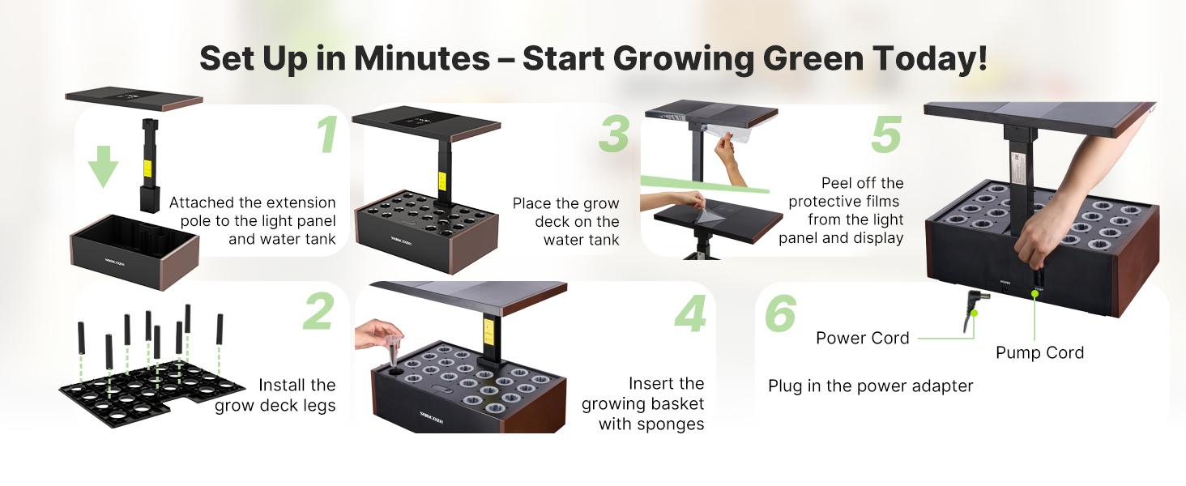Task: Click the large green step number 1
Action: point(327,135)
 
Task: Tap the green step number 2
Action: point(318,311)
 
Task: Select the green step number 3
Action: point(613,134)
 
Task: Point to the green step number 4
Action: point(690,314)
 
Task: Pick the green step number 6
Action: point(780,313)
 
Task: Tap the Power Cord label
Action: point(862,338)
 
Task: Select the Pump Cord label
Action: point(1039,352)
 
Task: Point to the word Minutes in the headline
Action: point(421,58)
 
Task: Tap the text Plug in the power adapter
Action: point(870,386)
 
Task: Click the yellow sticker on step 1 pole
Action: point(147,168)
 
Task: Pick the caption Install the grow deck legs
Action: point(275,395)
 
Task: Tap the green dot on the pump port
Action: point(1035,295)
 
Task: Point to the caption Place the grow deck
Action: point(565,221)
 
